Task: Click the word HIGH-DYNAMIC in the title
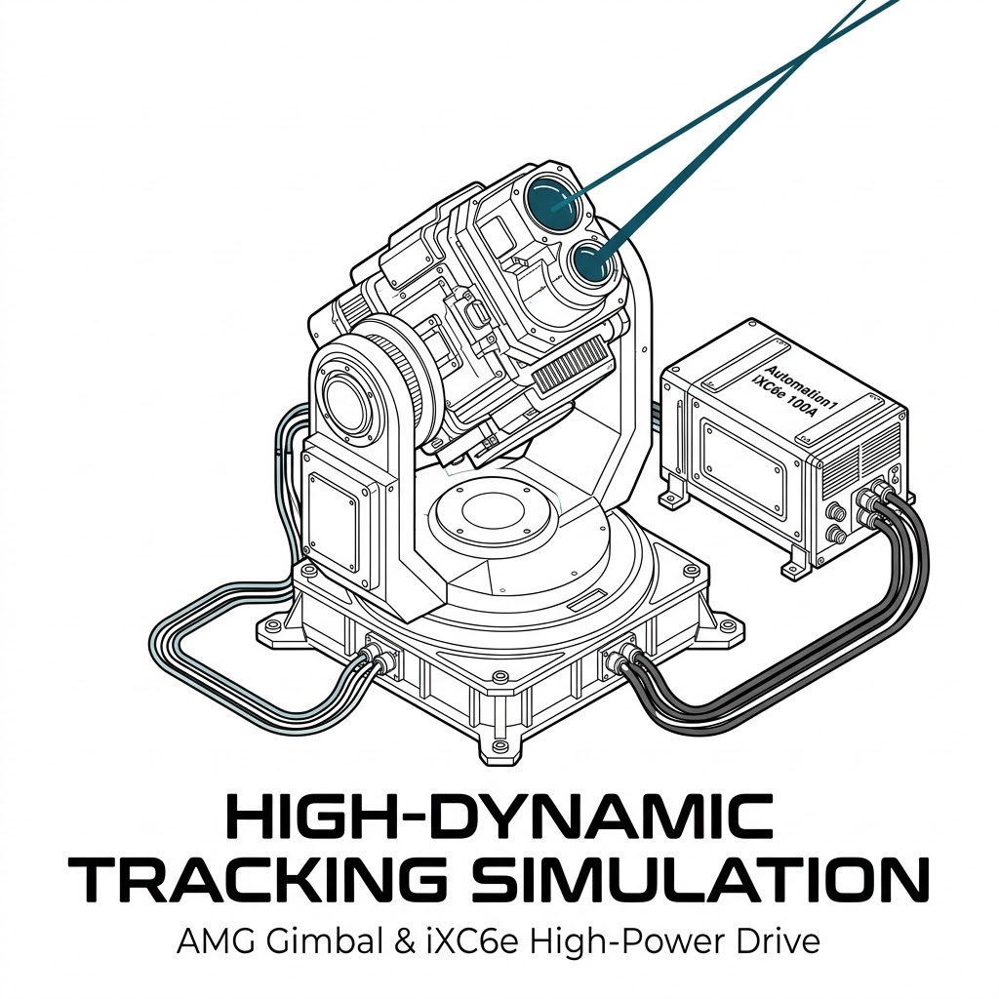point(499,817)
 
